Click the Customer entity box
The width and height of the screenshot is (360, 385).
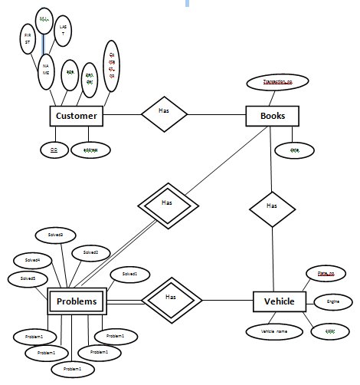[77, 116]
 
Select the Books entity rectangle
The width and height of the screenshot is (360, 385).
[272, 116]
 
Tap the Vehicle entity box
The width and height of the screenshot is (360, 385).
[280, 301]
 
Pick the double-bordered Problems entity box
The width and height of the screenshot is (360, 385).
[77, 301]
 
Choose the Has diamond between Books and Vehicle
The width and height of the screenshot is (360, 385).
[272, 206]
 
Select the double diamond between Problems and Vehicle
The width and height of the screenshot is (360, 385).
[171, 298]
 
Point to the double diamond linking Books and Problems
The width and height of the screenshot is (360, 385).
[167, 204]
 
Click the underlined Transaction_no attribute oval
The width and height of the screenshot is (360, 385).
[277, 82]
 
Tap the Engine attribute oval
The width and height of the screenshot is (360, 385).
[332, 302]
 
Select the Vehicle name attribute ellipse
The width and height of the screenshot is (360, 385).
[273, 331]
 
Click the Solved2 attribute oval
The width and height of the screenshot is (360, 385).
[91, 252]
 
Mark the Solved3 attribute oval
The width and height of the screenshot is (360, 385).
[55, 234]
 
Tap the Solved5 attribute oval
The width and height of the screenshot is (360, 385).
[28, 278]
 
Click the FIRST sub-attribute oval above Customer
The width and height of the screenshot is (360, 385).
[28, 39]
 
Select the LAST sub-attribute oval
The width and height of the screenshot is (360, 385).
[64, 31]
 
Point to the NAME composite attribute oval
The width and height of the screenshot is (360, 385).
[46, 71]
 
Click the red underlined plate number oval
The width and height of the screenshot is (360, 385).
[326, 272]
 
